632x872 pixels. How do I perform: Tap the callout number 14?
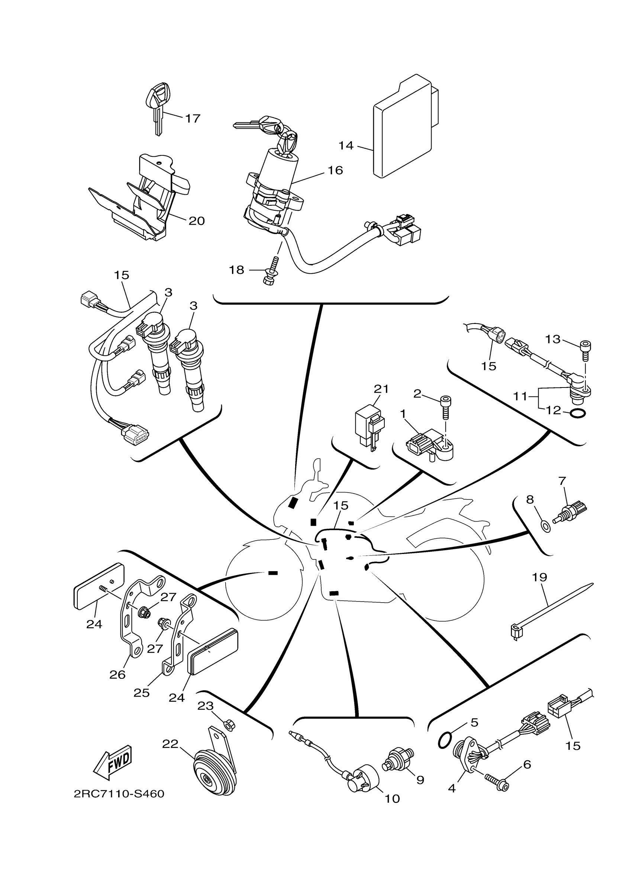click(x=346, y=146)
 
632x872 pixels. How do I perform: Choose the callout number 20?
click(x=197, y=221)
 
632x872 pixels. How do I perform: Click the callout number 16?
click(x=335, y=170)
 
